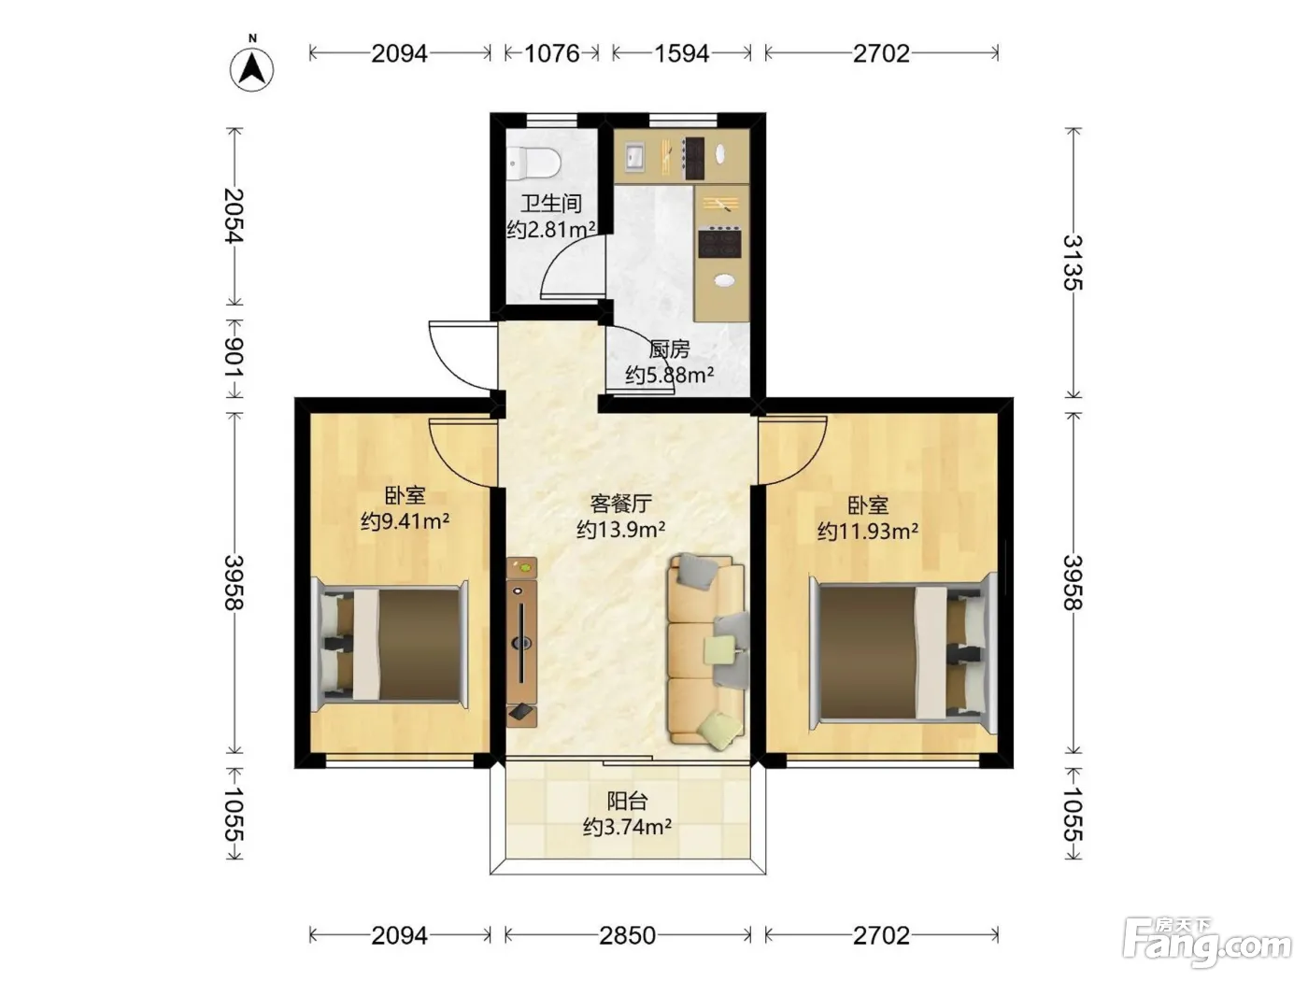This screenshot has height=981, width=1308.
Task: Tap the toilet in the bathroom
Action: [533, 163]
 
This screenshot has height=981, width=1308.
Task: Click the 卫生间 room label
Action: [551, 204]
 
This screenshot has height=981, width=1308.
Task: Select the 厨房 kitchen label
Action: [669, 349]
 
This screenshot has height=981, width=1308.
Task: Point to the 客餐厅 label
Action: [621, 504]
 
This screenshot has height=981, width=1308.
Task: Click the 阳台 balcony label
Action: [627, 801]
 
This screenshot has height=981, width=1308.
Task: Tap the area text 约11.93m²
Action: [868, 531]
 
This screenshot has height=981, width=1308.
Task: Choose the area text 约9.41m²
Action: [405, 521]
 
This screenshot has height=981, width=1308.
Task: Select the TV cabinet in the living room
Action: [522, 642]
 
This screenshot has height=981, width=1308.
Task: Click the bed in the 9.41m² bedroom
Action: [390, 644]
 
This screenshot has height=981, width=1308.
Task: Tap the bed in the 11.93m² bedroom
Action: [903, 651]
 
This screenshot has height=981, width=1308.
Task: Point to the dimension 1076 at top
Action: [552, 53]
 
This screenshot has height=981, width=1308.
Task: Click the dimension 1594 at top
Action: [682, 53]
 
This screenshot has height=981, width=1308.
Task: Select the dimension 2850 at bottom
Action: [628, 936]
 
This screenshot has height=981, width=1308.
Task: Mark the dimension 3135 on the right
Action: [1073, 263]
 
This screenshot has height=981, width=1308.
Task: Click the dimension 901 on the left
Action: [235, 357]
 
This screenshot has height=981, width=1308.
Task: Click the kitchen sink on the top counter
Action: [634, 157]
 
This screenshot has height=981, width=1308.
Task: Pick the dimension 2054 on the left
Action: [235, 216]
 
